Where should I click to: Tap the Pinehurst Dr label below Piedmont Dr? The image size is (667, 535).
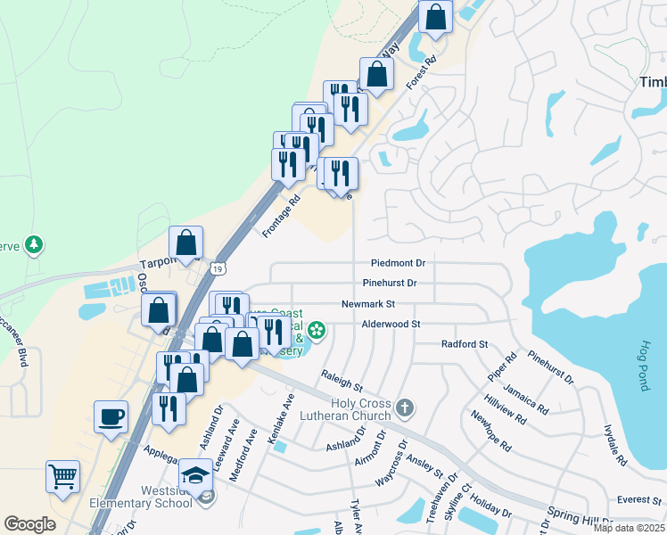coord(390,284)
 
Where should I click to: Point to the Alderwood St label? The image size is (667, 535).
coord(391,324)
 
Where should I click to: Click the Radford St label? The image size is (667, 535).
coord(465,343)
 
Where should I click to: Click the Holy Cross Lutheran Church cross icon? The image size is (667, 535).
coord(405,407)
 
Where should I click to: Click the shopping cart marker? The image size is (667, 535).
coord(62,477)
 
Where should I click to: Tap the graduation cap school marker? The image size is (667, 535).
coord(195,474)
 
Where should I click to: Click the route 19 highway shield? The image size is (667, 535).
coord(218,267)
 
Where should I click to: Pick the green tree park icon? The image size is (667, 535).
coord(34,243)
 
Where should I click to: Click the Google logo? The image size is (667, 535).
coord(29,523)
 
